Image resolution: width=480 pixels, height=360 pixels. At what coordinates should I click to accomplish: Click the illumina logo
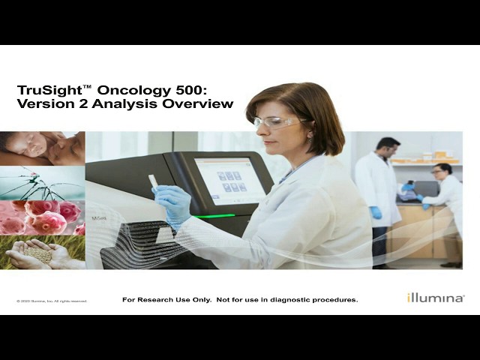[435, 298]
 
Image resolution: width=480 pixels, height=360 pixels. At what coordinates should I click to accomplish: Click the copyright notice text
[52, 301]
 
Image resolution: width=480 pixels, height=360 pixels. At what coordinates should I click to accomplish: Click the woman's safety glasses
[272, 121]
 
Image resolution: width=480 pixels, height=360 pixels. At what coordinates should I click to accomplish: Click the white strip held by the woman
[152, 181]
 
